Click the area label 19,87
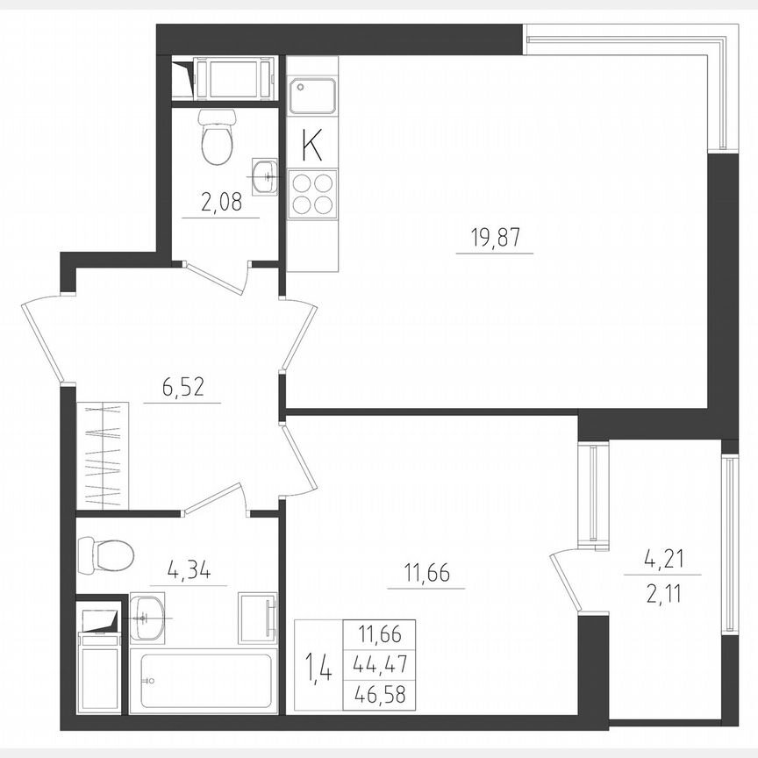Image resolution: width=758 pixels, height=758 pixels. [494, 237]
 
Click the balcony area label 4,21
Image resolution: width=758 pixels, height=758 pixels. [661, 558]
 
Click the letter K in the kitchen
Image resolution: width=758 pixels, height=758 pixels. [311, 146]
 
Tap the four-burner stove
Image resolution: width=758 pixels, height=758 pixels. [312, 195]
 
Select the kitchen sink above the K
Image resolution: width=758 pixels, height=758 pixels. [312, 96]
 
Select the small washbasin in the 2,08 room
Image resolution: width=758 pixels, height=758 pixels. [264, 176]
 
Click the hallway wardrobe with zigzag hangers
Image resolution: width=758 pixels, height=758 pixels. [103, 454]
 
